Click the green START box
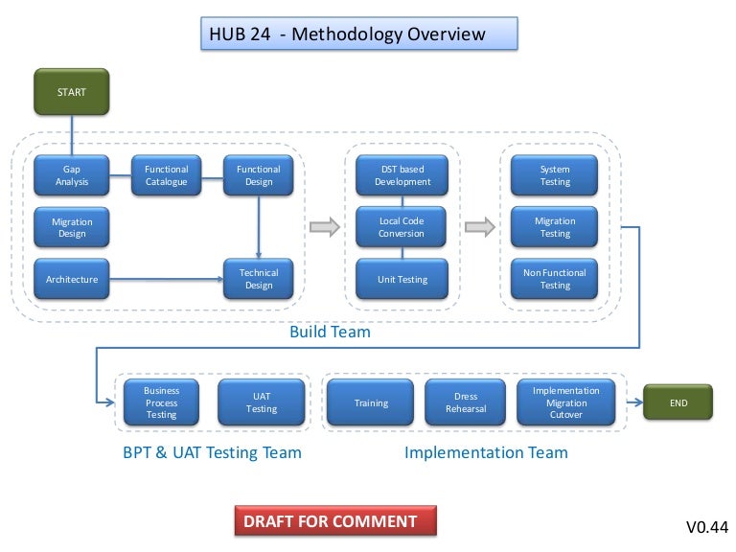pos(71,93)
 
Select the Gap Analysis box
pos(71,174)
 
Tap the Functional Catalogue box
pos(167,174)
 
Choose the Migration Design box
pos(71,227)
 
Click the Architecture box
pos(71,279)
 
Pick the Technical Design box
pos(258,279)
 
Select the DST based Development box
pos(402,174)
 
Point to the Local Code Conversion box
pos(402,227)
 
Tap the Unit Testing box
pos(402,279)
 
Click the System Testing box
pos(554,174)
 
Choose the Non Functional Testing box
pos(554,279)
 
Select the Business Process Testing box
pos(161,402)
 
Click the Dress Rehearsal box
pos(466,402)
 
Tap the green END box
pos(678,403)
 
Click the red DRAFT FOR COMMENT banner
pos(334,521)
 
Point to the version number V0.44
pos(706,526)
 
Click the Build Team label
pos(330,333)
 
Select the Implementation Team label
pos(486,452)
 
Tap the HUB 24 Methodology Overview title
pos(360,34)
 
